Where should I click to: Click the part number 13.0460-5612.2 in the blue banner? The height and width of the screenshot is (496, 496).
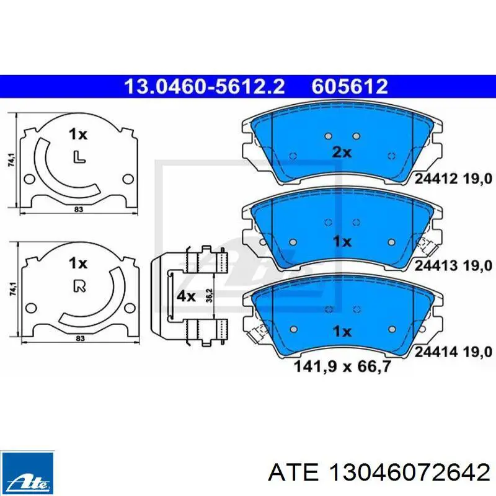(x=204, y=86)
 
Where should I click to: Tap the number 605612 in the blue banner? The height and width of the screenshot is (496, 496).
(x=350, y=86)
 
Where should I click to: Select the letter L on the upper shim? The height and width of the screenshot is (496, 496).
(x=79, y=157)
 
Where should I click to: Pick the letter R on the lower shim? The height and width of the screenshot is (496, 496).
(x=80, y=286)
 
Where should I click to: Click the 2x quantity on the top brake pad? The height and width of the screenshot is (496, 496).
(x=342, y=153)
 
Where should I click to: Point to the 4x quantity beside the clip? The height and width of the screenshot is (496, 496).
(x=186, y=296)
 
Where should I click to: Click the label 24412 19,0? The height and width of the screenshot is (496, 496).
(x=453, y=179)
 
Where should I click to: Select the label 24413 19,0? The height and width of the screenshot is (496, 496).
(x=453, y=266)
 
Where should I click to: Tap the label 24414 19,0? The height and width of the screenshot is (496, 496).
(x=453, y=352)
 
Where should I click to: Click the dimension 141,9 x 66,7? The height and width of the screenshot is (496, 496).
(x=343, y=366)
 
